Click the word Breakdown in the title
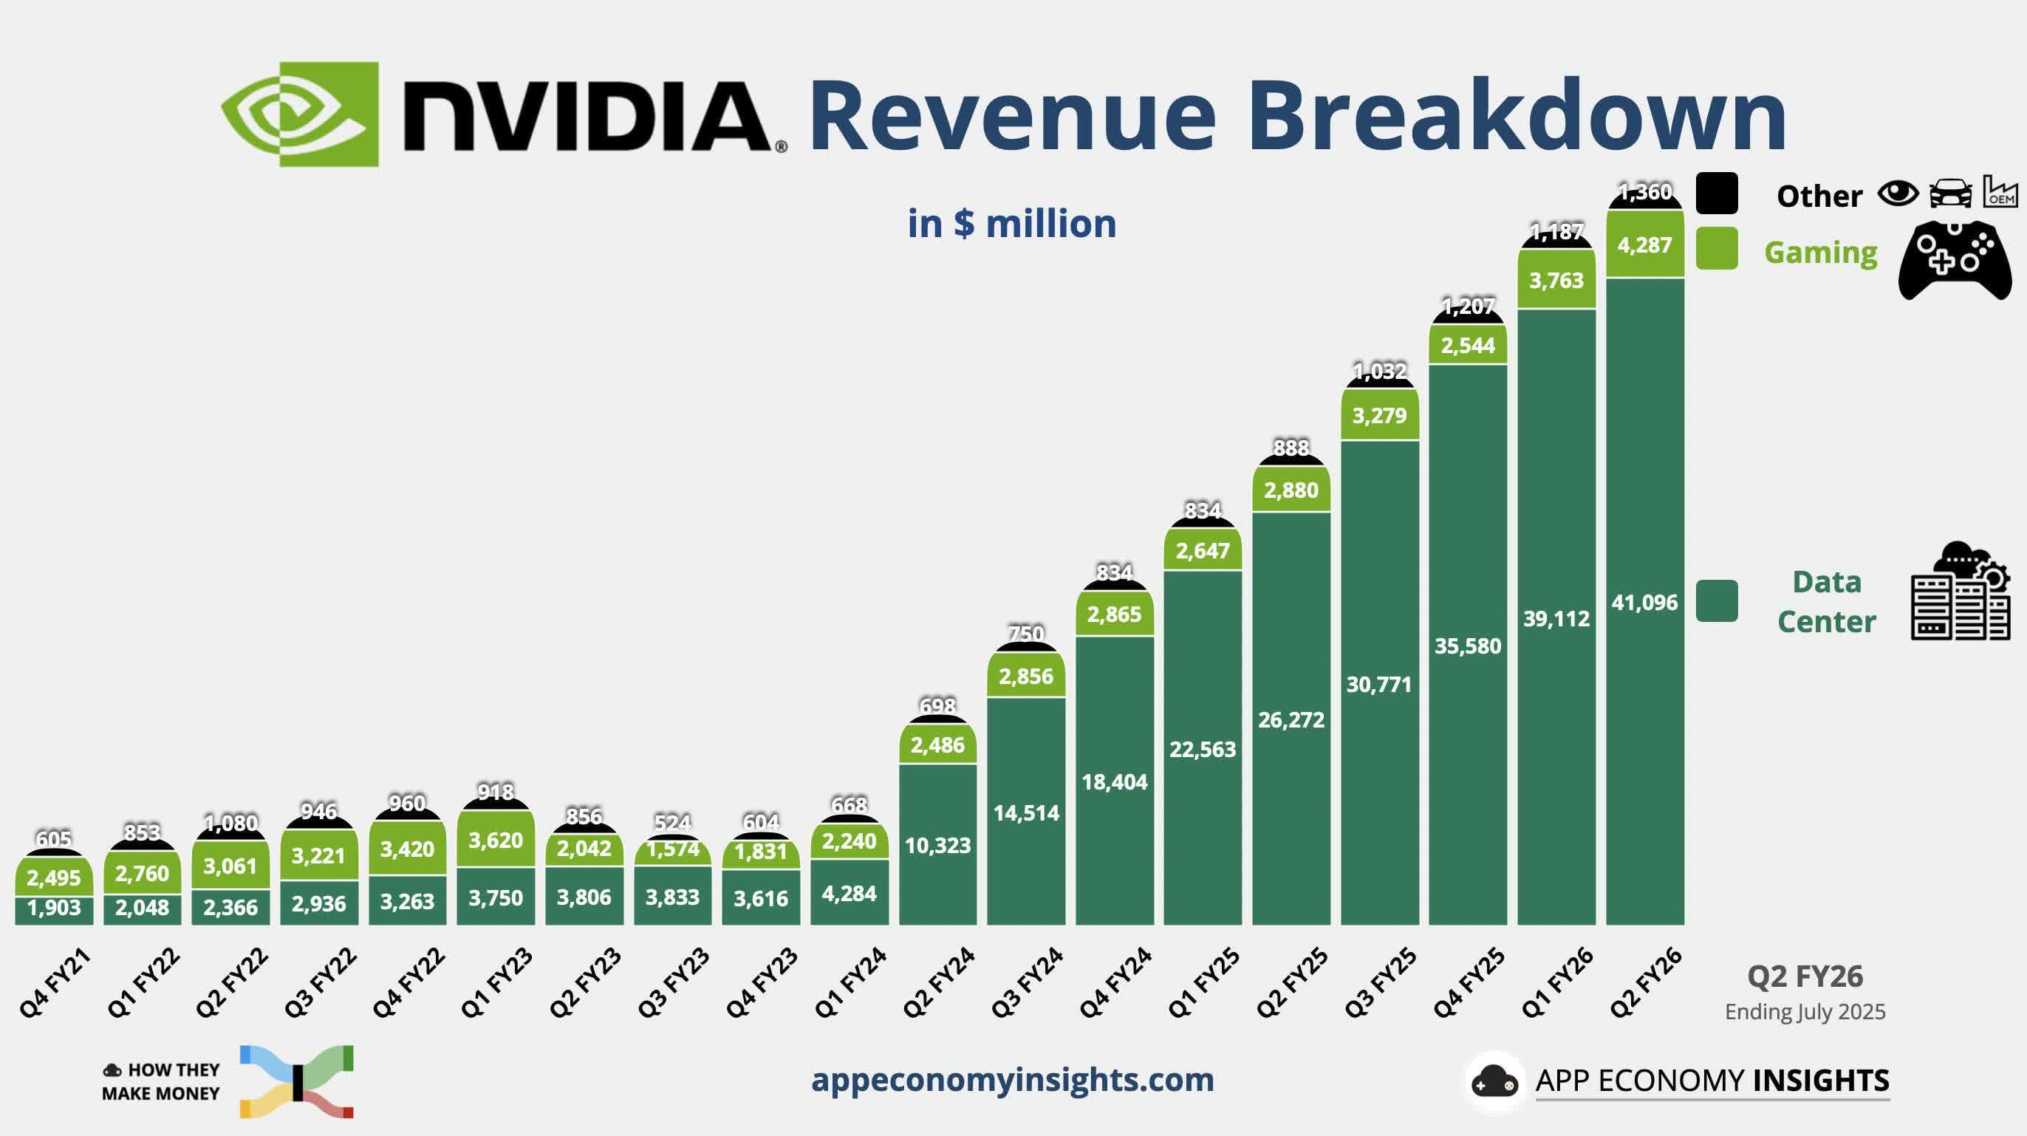tap(1516, 117)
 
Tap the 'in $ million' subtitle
tap(1011, 223)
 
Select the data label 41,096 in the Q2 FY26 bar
tap(1644, 603)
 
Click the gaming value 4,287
tap(1644, 245)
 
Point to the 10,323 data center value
tap(937, 846)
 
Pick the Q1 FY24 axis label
tap(850, 983)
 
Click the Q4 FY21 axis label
tap(55, 983)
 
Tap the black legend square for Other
tap(1716, 194)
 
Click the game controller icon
tap(1955, 259)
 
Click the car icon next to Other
tap(1951, 194)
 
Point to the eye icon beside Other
tap(1898, 193)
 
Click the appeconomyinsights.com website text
tap(1012, 1079)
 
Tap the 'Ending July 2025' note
tap(1805, 1012)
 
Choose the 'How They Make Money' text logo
tap(160, 1082)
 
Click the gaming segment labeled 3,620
tap(496, 841)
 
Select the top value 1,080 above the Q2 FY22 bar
tap(230, 824)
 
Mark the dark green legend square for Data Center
tap(1716, 601)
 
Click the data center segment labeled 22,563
tap(1203, 750)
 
